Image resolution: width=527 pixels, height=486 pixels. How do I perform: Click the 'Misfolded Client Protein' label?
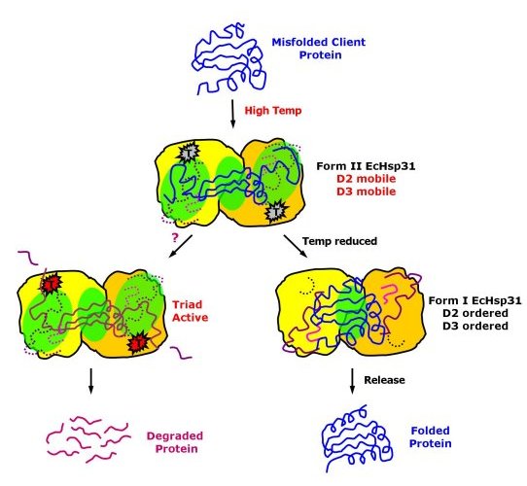(319, 49)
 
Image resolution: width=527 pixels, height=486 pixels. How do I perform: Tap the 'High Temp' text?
(273, 111)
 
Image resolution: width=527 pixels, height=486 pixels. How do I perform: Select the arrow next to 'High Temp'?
(232, 114)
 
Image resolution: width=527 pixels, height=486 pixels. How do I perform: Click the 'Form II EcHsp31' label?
(366, 166)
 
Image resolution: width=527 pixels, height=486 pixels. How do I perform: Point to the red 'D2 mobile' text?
(366, 179)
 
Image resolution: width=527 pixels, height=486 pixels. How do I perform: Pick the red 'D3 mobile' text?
(366, 191)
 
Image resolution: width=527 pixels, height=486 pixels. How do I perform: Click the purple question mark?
(175, 237)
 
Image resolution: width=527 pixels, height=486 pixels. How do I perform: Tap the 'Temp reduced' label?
(339, 241)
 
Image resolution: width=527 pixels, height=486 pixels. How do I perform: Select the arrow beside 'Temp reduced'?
(296, 246)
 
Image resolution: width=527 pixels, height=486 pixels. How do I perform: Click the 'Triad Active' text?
(190, 311)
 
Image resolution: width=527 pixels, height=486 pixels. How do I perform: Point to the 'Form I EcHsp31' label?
(474, 300)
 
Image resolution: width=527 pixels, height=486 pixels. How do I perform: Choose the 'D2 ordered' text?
(474, 313)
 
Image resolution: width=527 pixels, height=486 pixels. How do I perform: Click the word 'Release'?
(384, 380)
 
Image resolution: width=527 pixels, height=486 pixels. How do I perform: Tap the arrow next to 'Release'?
(352, 381)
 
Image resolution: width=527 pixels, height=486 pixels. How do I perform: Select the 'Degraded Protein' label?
(175, 442)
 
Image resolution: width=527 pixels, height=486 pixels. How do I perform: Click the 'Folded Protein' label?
(430, 437)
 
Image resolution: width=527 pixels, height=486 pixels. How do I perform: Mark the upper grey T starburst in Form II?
(189, 153)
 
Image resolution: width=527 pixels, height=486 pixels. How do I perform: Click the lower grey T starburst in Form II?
(275, 211)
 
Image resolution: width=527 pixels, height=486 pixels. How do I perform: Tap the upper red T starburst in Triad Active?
(51, 283)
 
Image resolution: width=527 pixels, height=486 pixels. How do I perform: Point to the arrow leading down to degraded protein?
(90, 381)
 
